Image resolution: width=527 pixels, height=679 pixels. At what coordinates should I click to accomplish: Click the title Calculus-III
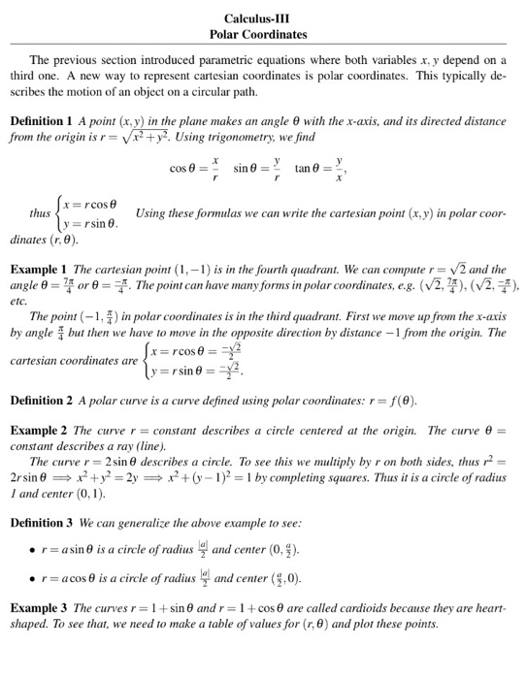click(257, 18)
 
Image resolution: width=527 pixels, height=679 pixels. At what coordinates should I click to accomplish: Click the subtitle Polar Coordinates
click(257, 34)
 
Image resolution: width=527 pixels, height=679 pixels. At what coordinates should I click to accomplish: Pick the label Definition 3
click(44, 522)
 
